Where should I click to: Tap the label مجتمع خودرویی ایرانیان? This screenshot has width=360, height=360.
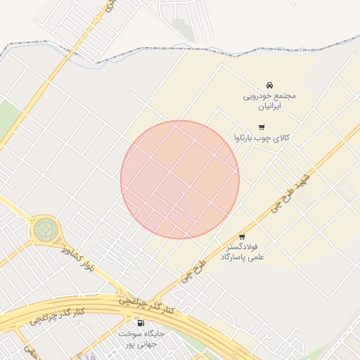(271, 101)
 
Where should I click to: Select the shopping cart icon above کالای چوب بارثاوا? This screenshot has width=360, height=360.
(262, 127)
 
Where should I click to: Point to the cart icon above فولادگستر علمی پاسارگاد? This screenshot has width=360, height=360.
(242, 236)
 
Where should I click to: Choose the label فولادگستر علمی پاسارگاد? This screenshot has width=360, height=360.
(241, 252)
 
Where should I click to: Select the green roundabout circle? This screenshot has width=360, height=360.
(45, 229)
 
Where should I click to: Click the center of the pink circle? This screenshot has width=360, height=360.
(180, 179)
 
